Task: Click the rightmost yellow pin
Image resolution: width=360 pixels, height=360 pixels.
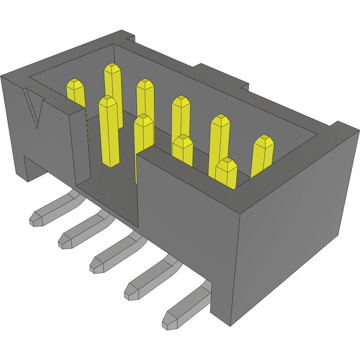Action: click(x=262, y=155)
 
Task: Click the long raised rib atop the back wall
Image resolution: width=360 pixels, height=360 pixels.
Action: click(x=222, y=75)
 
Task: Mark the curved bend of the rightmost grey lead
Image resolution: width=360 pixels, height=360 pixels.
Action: click(x=205, y=288)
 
